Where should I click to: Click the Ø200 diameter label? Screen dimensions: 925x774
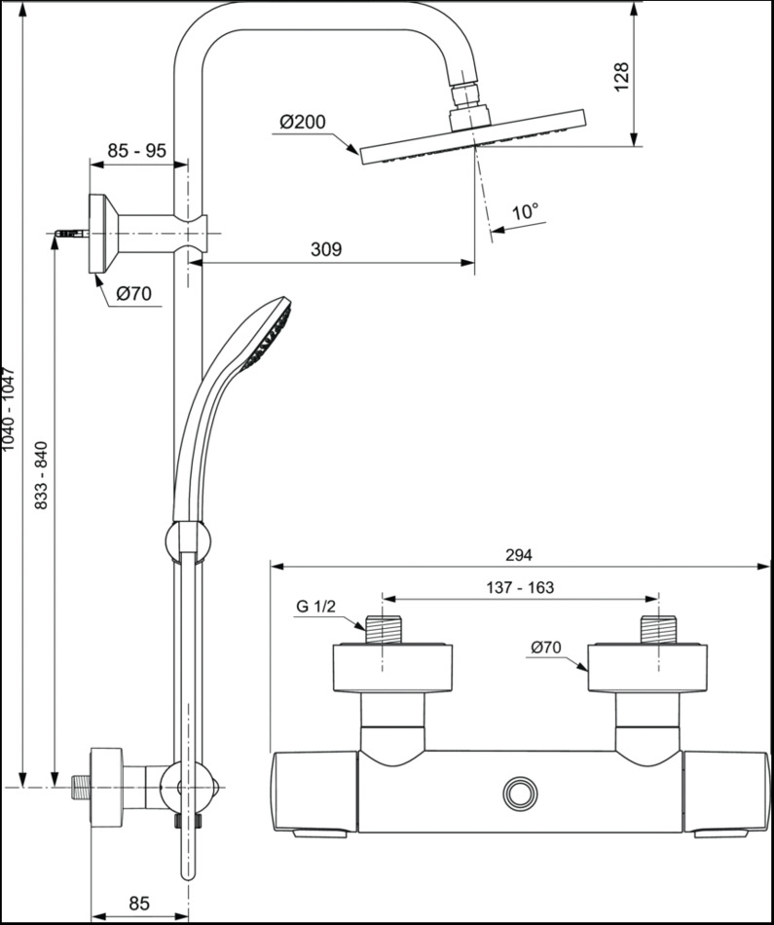tap(302, 123)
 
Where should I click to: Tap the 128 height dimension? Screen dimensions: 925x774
tap(622, 77)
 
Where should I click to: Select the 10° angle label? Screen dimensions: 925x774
tap(525, 211)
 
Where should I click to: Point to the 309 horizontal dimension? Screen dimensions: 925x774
tap(326, 250)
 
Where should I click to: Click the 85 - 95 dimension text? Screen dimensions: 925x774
tap(136, 151)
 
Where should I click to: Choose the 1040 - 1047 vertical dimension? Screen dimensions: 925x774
tap(9, 408)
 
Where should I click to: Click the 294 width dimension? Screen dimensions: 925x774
tap(519, 555)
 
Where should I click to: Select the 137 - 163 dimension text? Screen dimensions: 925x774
tap(520, 588)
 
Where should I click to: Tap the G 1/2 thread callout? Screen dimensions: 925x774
tap(315, 607)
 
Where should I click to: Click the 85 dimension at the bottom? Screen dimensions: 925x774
tap(138, 904)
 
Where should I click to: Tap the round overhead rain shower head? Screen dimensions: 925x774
tap(473, 136)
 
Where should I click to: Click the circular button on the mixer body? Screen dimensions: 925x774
tap(520, 793)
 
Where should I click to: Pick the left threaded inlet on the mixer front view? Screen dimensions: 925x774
tap(383, 628)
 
